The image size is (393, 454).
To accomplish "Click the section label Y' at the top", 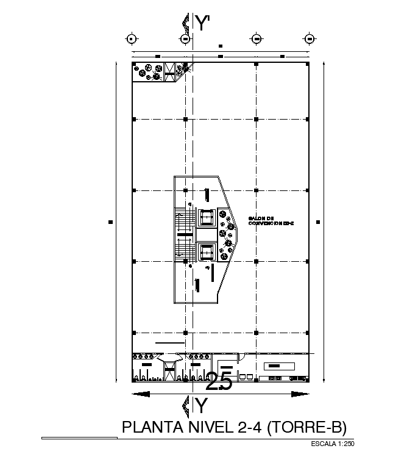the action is [203, 23].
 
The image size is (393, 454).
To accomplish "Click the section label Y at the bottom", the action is [202, 405].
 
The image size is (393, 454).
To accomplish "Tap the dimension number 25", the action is [219, 382].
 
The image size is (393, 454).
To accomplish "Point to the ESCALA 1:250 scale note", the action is [332, 444].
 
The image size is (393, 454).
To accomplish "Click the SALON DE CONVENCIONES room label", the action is [271, 221].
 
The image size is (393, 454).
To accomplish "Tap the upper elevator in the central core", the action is [206, 217].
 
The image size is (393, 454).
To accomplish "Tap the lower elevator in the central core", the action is [206, 251].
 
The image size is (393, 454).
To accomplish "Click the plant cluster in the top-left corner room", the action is [149, 71].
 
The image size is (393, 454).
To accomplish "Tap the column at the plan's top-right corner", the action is [308, 63].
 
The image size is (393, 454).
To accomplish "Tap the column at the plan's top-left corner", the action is [133, 63].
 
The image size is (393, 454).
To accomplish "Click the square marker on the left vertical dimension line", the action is [110, 222].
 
